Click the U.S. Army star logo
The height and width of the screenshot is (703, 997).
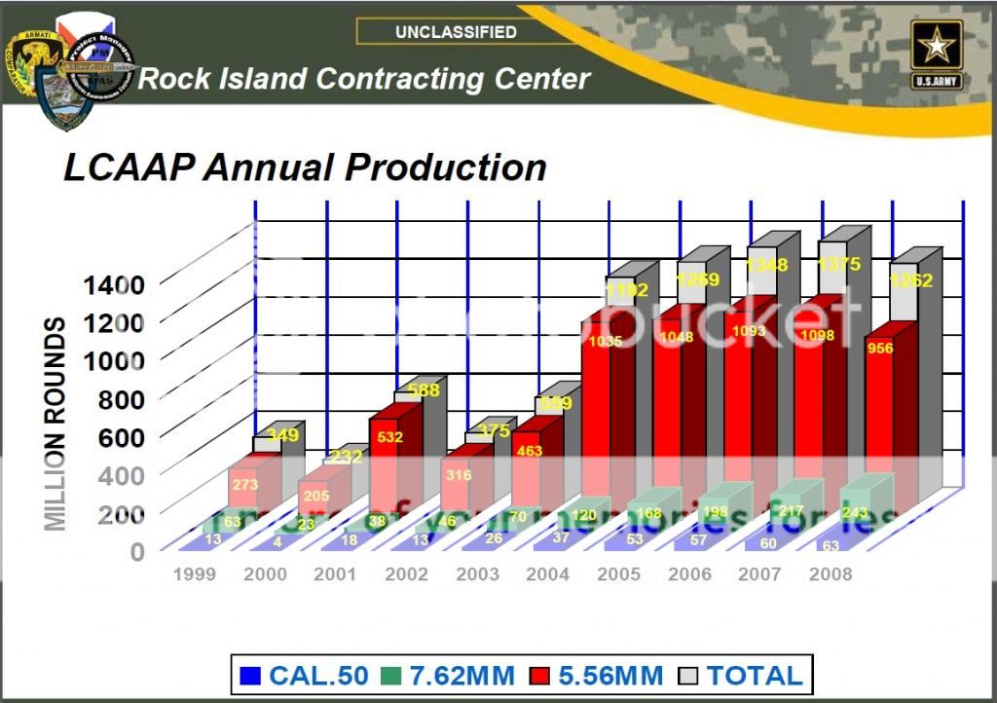point(937,53)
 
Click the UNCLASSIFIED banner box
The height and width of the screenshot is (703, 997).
point(455,32)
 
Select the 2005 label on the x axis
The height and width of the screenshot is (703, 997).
point(619,574)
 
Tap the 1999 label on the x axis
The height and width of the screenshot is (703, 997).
point(195,574)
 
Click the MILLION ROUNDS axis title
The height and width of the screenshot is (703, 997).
point(56,424)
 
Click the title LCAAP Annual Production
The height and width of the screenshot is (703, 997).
point(305,167)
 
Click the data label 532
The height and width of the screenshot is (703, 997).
point(389,437)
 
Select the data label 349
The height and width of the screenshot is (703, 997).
point(282,435)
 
